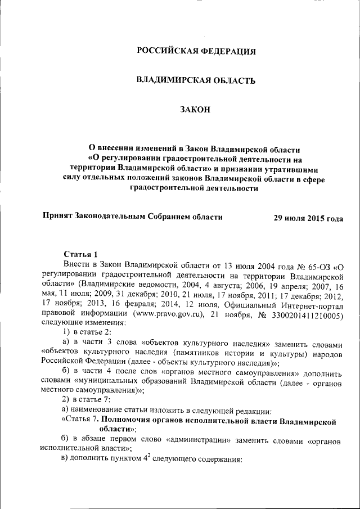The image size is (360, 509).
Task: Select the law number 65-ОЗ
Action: click(x=317, y=264)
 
